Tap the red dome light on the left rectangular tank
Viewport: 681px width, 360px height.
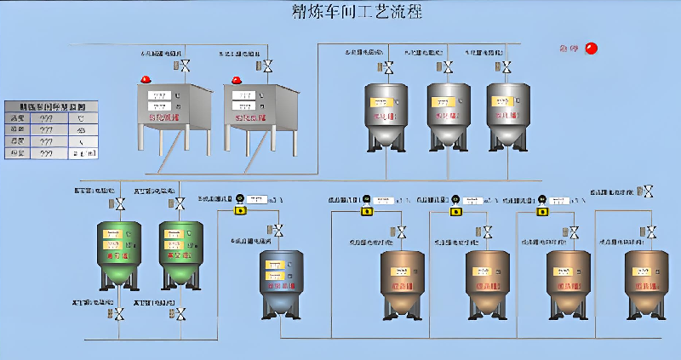146,79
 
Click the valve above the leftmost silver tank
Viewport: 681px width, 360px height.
388,67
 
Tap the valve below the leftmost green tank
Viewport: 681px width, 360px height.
120,315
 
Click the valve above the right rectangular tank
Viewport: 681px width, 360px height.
268,66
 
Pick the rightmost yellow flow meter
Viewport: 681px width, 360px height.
541,202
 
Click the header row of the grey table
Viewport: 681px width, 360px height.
51,106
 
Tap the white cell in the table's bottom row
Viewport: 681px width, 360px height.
83,153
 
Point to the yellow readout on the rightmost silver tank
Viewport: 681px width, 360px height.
502,101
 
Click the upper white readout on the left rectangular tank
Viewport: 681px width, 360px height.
159,95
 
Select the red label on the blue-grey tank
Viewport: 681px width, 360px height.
277,287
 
